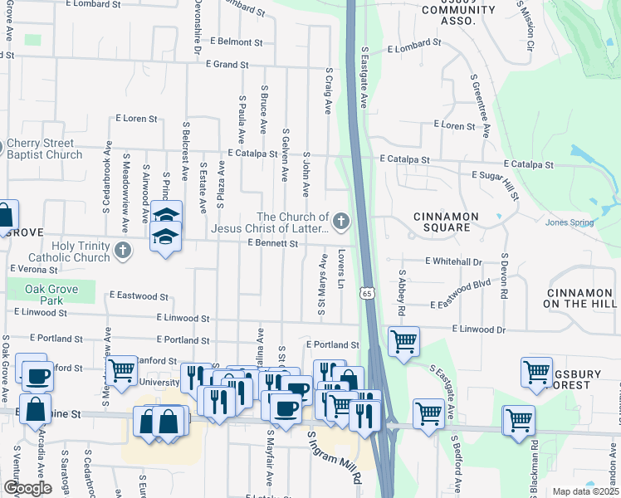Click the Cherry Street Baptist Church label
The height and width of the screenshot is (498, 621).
(x=45, y=149)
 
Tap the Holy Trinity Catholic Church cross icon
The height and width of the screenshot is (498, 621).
(x=123, y=250)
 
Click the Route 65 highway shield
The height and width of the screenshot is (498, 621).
(x=366, y=292)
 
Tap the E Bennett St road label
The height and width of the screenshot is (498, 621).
(x=272, y=243)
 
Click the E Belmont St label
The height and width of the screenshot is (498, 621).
(x=236, y=41)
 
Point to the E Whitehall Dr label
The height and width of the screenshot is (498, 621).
(x=453, y=261)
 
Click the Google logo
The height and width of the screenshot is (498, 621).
(x=27, y=488)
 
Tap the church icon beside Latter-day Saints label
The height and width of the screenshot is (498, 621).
(x=340, y=222)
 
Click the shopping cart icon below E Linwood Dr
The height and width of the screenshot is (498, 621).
(x=403, y=340)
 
